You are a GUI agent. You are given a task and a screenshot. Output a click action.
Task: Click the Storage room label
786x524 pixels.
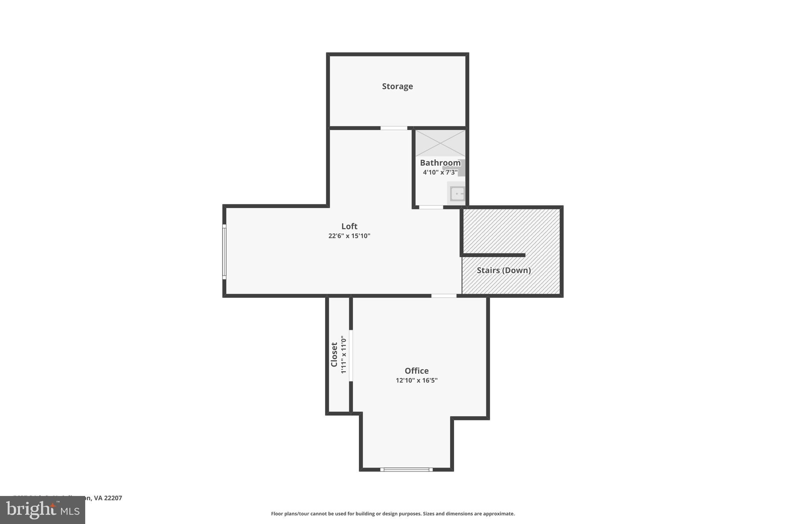(397, 86)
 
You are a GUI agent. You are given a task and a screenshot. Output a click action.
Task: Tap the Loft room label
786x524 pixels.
(349, 226)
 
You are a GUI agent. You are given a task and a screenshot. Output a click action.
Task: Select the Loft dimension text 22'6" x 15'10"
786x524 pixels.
(349, 236)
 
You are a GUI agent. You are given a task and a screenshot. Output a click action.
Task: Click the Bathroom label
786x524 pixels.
(440, 163)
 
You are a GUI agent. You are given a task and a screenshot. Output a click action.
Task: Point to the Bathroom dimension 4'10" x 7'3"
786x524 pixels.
(440, 172)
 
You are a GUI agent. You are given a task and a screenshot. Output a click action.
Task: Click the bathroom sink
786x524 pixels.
(457, 193)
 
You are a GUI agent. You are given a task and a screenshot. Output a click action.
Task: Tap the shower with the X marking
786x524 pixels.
(440, 143)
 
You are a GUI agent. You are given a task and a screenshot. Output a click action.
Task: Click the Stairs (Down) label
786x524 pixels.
(504, 270)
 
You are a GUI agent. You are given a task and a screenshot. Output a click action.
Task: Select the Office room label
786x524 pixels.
(416, 371)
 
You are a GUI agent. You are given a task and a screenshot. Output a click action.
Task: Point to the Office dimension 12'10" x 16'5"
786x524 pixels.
(416, 380)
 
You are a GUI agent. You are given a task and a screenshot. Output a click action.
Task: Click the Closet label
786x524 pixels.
(334, 355)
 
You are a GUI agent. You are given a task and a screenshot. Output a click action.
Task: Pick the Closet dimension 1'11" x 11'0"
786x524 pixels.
(343, 355)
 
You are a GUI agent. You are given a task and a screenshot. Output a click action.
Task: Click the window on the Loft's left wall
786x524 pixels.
(225, 251)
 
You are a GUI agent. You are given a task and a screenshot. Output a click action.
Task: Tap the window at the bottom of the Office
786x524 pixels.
(406, 469)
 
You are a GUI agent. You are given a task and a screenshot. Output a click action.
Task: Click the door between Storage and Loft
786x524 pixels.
(394, 128)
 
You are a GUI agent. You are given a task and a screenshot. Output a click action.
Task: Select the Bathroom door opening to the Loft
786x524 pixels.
(431, 207)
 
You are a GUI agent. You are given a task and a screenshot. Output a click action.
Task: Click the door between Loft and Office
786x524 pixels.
(444, 296)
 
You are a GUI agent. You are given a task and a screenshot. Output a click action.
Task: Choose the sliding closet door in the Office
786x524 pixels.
(351, 355)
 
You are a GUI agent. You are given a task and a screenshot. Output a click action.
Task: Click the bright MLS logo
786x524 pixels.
(43, 510)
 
